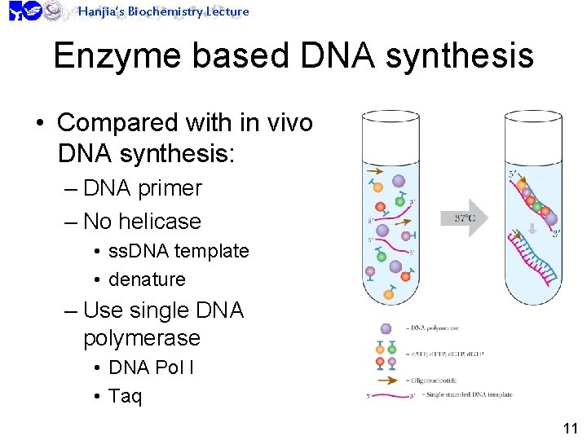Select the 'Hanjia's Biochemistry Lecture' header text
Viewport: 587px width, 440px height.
point(163,11)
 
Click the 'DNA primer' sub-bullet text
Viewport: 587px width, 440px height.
point(143,187)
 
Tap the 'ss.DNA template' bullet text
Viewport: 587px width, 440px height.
point(179,251)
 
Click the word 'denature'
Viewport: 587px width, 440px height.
point(147,279)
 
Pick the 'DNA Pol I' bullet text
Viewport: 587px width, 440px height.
point(151,367)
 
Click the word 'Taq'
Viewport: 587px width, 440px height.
point(125,396)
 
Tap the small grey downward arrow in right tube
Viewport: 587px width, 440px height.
point(532,229)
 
